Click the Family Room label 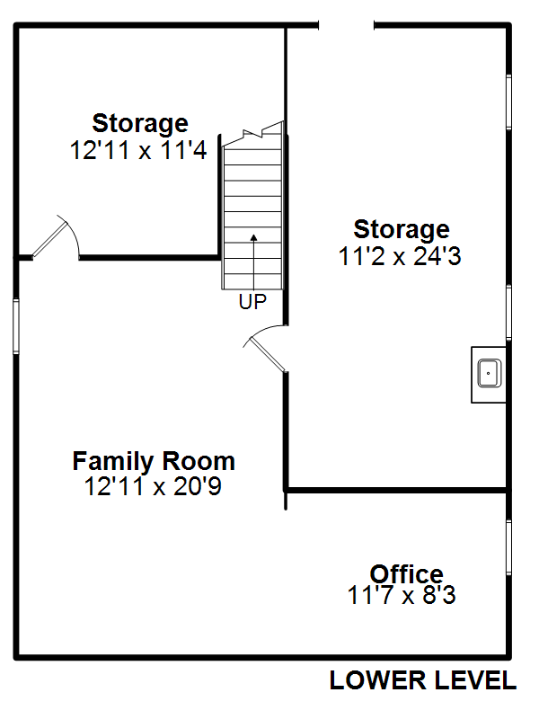(x=154, y=461)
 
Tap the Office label (x=407, y=574)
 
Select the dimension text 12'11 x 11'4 (x=138, y=150)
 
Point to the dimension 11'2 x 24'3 (x=400, y=256)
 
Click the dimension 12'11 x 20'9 (x=153, y=486)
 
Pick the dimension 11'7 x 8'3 (x=402, y=595)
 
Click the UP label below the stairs (x=252, y=301)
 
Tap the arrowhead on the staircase (x=253, y=237)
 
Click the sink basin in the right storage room (x=489, y=373)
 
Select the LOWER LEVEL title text (x=423, y=680)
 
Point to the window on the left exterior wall (x=16, y=326)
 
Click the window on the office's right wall (x=508, y=547)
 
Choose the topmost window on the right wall (x=508, y=102)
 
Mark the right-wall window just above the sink (x=508, y=313)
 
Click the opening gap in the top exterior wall (x=347, y=26)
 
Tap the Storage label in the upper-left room (x=140, y=123)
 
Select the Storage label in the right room (x=402, y=229)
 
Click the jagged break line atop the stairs (x=252, y=134)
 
